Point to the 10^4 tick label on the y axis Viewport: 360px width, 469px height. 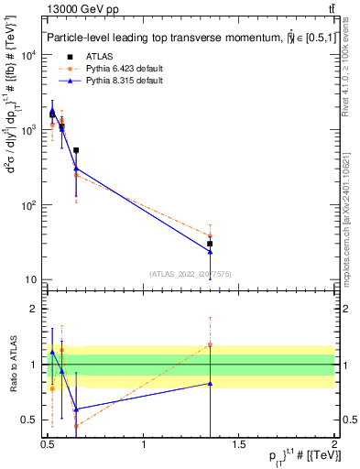click(30, 55)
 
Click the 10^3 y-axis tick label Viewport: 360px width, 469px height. click(30, 130)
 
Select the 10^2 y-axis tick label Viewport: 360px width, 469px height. click(30, 205)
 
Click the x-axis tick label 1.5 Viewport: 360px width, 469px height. click(240, 446)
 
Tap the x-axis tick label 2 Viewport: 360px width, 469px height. click(334, 446)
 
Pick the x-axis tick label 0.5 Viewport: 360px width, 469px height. click(49, 446)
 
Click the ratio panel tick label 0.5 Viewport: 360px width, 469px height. click(28, 420)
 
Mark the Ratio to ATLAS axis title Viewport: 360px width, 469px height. click(12, 365)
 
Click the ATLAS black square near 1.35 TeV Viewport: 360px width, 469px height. click(210, 244)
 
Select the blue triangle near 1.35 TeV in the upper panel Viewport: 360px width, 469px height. click(210, 252)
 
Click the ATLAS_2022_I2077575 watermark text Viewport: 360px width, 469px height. click(191, 273)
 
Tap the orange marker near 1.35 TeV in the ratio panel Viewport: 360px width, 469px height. click(210, 344)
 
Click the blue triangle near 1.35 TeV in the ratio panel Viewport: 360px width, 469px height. click(210, 384)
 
